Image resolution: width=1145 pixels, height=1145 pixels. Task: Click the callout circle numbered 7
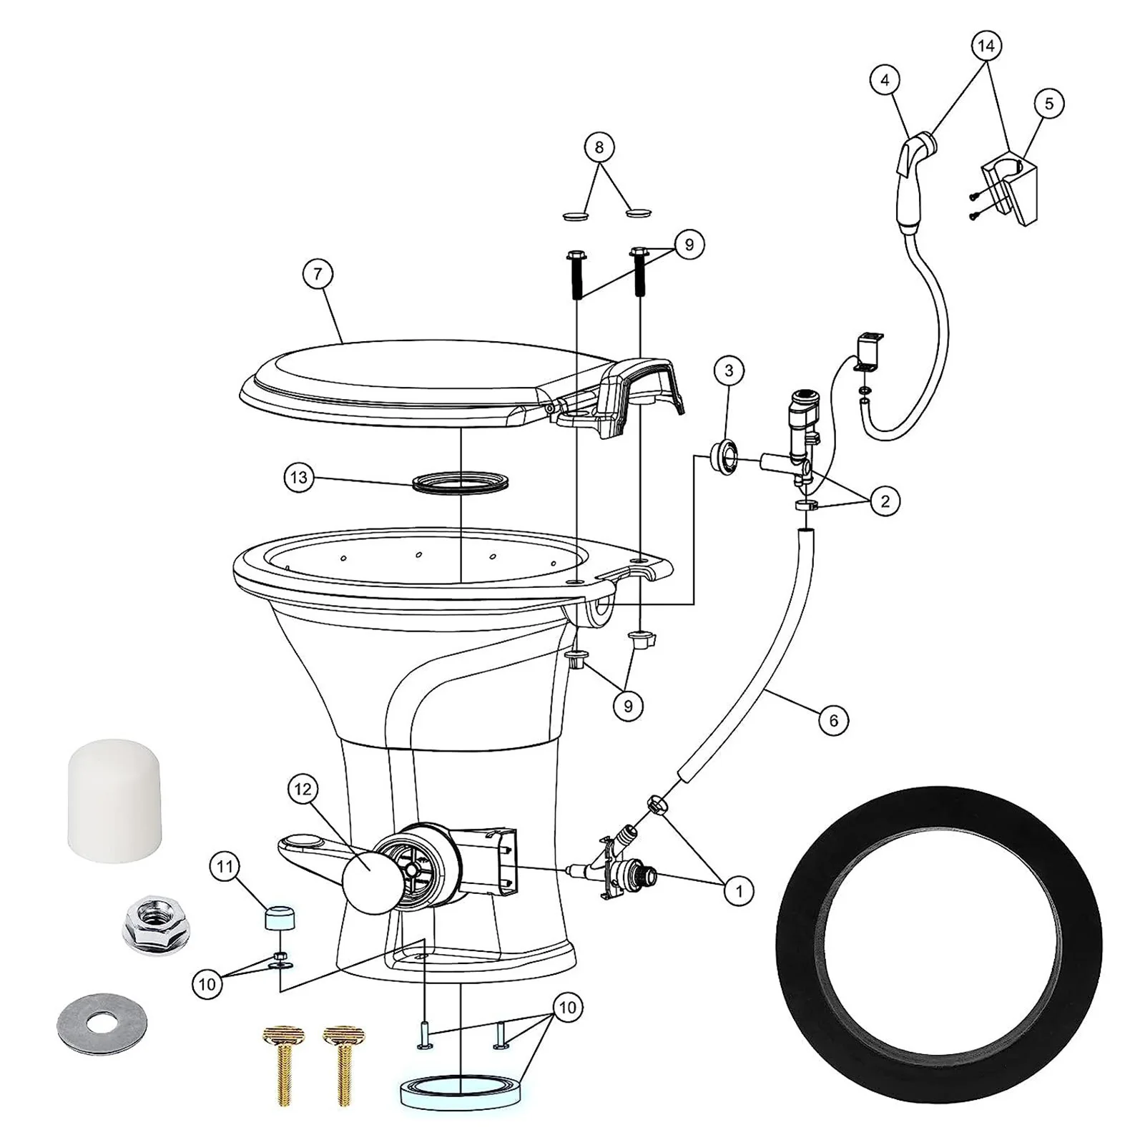point(318,273)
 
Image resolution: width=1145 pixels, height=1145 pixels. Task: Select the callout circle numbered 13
point(299,477)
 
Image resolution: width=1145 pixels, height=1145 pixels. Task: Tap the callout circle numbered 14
point(986,46)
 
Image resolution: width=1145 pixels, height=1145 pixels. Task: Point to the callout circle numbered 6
point(833,720)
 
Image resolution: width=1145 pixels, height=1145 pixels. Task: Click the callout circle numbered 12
point(303,790)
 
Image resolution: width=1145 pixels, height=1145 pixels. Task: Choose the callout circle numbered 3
point(729,370)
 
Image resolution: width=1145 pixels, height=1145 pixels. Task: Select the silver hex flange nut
point(150,927)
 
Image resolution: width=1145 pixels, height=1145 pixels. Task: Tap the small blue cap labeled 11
point(280,918)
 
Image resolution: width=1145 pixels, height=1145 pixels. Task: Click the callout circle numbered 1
point(739,891)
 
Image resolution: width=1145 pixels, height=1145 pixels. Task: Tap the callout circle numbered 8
point(599,148)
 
